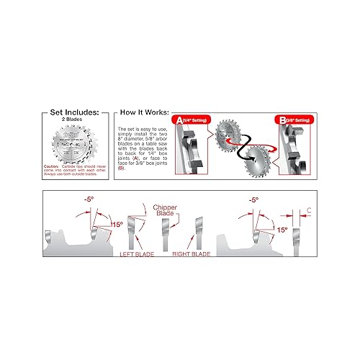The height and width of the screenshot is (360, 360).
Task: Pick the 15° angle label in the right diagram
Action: (x=282, y=229)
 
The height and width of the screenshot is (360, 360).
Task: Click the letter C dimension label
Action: (x=308, y=210)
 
